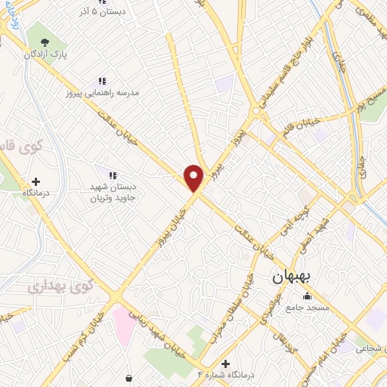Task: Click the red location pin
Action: pos(194,178)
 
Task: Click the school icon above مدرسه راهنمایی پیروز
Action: pos(101,81)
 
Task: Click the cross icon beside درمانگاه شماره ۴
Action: pos(224,364)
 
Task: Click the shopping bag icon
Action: pos(129,378)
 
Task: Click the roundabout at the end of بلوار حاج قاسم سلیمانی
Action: pos(257,111)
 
